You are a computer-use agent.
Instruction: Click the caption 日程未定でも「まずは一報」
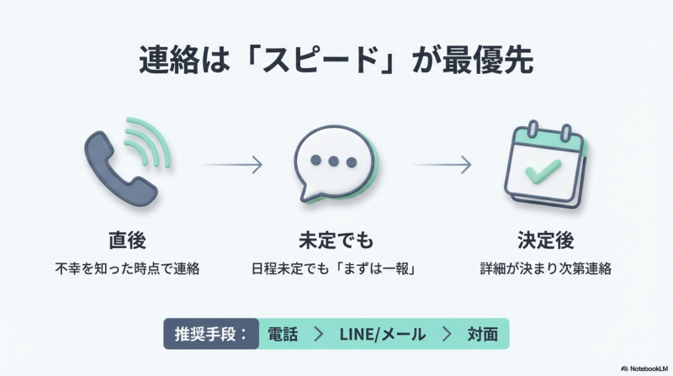pos(336,271)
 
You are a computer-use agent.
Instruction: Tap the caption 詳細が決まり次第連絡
pos(546,271)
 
